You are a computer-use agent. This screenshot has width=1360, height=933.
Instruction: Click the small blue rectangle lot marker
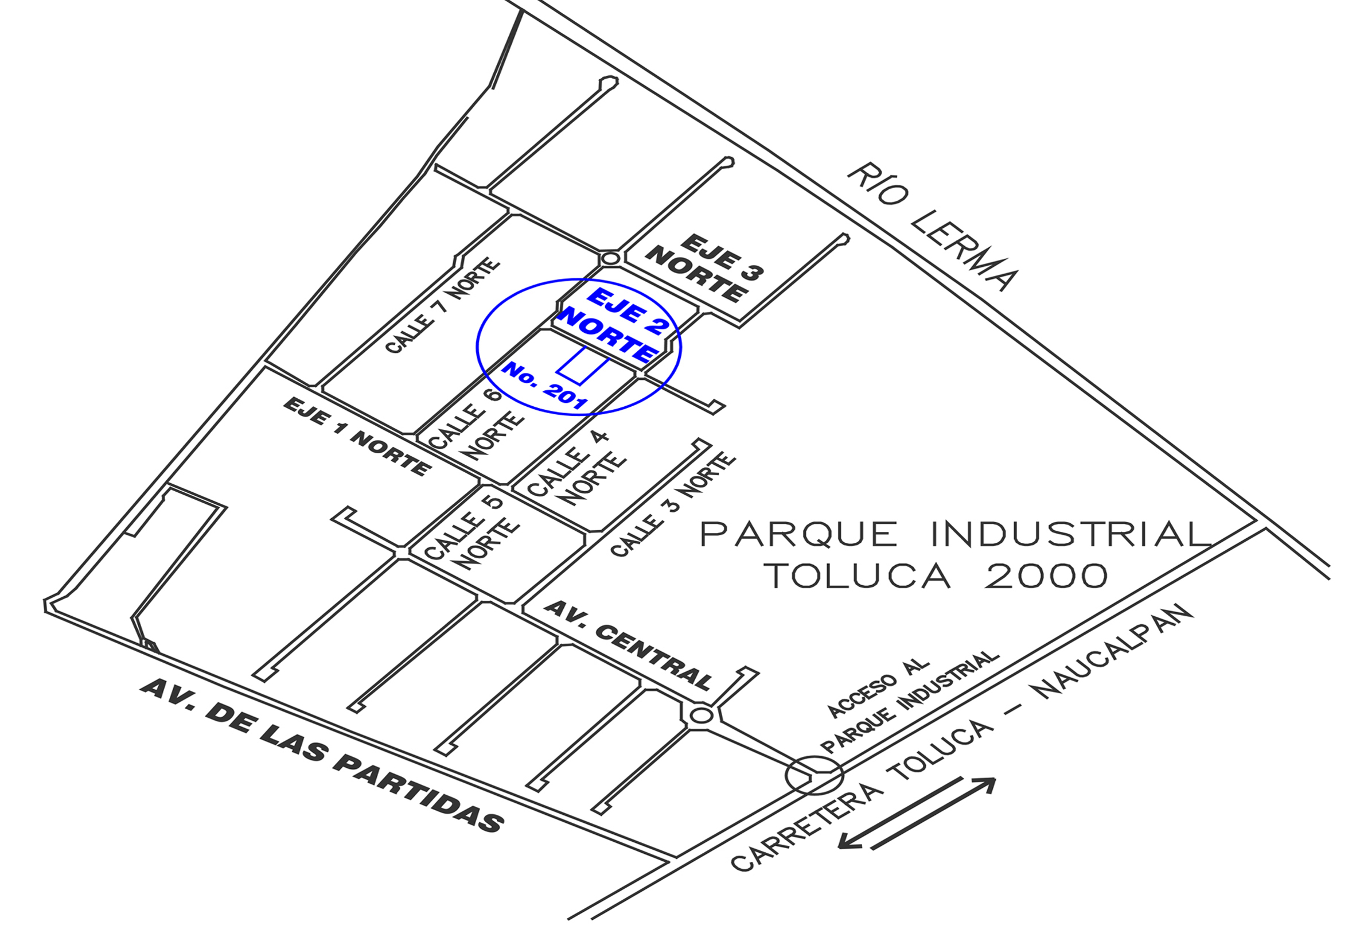pos(583,366)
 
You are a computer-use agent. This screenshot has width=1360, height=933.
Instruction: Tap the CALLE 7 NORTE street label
pos(443,306)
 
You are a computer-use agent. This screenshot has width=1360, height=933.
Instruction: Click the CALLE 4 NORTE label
pos(576,468)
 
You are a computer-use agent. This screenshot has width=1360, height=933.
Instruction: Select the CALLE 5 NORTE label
pos(471,533)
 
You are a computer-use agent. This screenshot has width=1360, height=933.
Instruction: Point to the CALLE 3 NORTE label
pos(672,504)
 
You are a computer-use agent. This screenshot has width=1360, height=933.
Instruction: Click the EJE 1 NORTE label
pos(357,436)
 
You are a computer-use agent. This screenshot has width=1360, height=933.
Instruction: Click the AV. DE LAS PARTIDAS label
pos(322,755)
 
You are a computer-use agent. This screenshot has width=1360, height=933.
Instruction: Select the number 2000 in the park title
pos(1046,577)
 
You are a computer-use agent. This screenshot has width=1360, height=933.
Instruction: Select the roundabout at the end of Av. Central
pos(700,716)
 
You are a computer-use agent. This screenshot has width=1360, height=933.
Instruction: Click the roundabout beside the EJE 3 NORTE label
pos(610,258)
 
